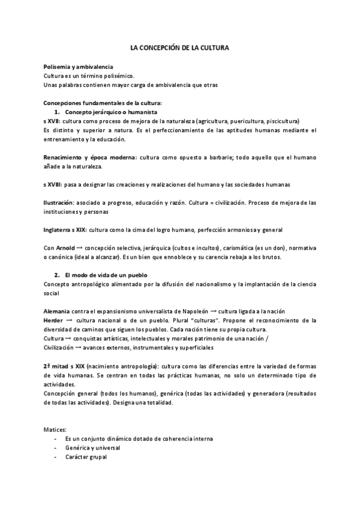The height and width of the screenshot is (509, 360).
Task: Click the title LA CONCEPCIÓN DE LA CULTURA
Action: (180, 47)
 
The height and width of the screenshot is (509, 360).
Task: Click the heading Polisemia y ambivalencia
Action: (78, 67)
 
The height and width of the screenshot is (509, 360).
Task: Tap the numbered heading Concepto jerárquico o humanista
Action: (111, 112)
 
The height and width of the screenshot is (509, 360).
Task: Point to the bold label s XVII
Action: (52, 121)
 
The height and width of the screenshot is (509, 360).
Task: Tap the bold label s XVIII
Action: (53, 184)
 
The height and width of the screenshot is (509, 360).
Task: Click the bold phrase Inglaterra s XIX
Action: (65, 230)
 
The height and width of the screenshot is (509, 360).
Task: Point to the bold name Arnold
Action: (67, 248)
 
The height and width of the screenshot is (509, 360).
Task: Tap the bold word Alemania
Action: (57, 311)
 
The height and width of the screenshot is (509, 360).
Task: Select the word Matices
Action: (55, 430)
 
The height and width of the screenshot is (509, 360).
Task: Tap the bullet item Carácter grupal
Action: (87, 457)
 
